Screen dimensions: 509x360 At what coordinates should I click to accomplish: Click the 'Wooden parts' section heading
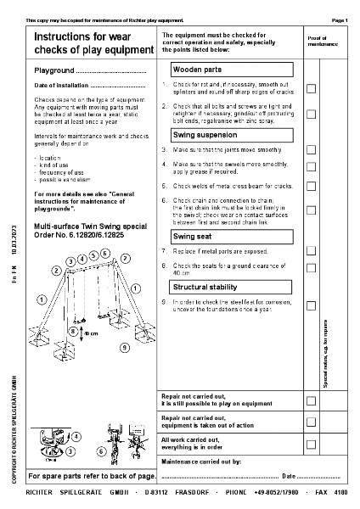coord(198,69)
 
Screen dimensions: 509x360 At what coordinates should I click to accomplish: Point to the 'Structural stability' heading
coord(205,287)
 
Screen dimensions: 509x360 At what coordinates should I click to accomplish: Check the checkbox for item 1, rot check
coord(311,88)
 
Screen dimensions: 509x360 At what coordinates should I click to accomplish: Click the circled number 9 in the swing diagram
coord(124,347)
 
